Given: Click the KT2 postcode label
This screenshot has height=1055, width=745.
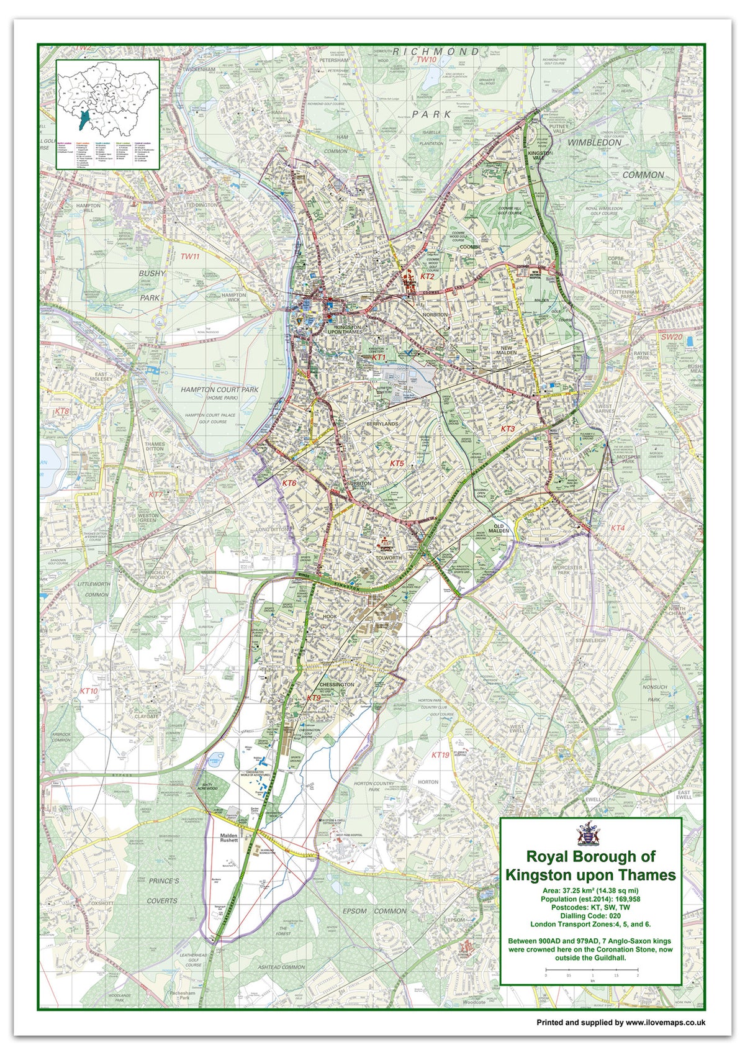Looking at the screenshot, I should pos(428,276).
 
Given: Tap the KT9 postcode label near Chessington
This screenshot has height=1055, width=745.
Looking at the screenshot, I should pos(314,698).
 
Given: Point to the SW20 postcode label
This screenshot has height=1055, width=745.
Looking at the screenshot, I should pos(671,337).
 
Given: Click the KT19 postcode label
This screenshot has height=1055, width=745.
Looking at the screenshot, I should pos(440,754).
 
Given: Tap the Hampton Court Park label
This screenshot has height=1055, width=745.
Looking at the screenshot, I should pos(219,390).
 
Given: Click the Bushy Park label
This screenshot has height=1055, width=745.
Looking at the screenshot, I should pos(151,285).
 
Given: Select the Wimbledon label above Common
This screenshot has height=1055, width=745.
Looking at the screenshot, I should pos(594,142).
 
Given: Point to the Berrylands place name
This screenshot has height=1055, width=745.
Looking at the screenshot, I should pos(381,422).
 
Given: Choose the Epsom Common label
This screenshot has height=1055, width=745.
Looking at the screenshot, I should pos(374,911).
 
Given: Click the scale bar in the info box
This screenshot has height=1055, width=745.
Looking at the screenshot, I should pos(591,969).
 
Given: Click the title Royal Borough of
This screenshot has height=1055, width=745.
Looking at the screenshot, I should pos(590,856).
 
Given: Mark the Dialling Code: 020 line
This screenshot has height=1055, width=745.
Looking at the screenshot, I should pos(590,916).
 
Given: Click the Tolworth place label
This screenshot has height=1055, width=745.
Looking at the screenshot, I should pos(389,558).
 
